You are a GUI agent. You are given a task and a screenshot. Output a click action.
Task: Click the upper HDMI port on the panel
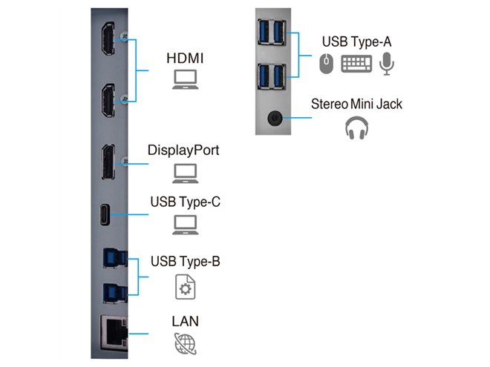pyautogui.click(x=108, y=44)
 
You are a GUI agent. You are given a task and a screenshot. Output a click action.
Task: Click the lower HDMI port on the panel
pyautogui.click(x=108, y=101)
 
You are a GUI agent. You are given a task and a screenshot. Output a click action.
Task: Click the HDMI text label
pyautogui.click(x=185, y=56)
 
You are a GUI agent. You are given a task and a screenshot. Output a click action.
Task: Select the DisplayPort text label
pyautogui.click(x=183, y=151)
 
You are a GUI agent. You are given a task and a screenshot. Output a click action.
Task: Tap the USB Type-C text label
pyautogui.click(x=185, y=201)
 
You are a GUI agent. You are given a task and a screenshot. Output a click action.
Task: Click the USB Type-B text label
pyautogui.click(x=185, y=262)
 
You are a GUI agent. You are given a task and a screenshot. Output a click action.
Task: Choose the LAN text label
pyautogui.click(x=184, y=322)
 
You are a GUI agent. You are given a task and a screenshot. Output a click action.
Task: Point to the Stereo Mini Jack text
pyautogui.click(x=356, y=103)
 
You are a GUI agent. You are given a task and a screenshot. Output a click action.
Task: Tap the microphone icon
pyautogui.click(x=386, y=65)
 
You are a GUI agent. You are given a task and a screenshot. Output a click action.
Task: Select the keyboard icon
pyautogui.click(x=356, y=65)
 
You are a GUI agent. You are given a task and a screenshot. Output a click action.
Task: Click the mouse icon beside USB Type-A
pyautogui.click(x=326, y=65)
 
